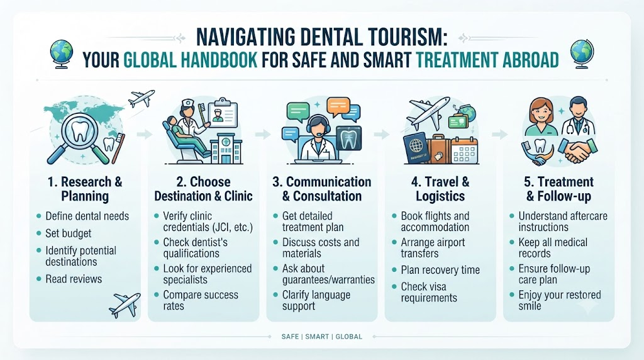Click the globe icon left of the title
[x=62, y=54]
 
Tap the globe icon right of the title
[x=582, y=54]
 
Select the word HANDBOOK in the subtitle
[x=219, y=60]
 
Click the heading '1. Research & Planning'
[x=85, y=189]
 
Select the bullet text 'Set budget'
[x=68, y=233]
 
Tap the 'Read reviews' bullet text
[x=74, y=279]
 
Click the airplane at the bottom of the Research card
[x=125, y=305]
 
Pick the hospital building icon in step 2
[x=226, y=149]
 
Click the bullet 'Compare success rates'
[x=201, y=300]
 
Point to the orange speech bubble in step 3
[x=338, y=106]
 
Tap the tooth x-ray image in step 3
[x=348, y=138]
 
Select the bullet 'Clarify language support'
[x=316, y=300]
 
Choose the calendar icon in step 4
[x=465, y=150]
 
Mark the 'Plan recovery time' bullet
[x=440, y=270]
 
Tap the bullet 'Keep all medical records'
[x=553, y=248]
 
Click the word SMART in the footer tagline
[x=317, y=337]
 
